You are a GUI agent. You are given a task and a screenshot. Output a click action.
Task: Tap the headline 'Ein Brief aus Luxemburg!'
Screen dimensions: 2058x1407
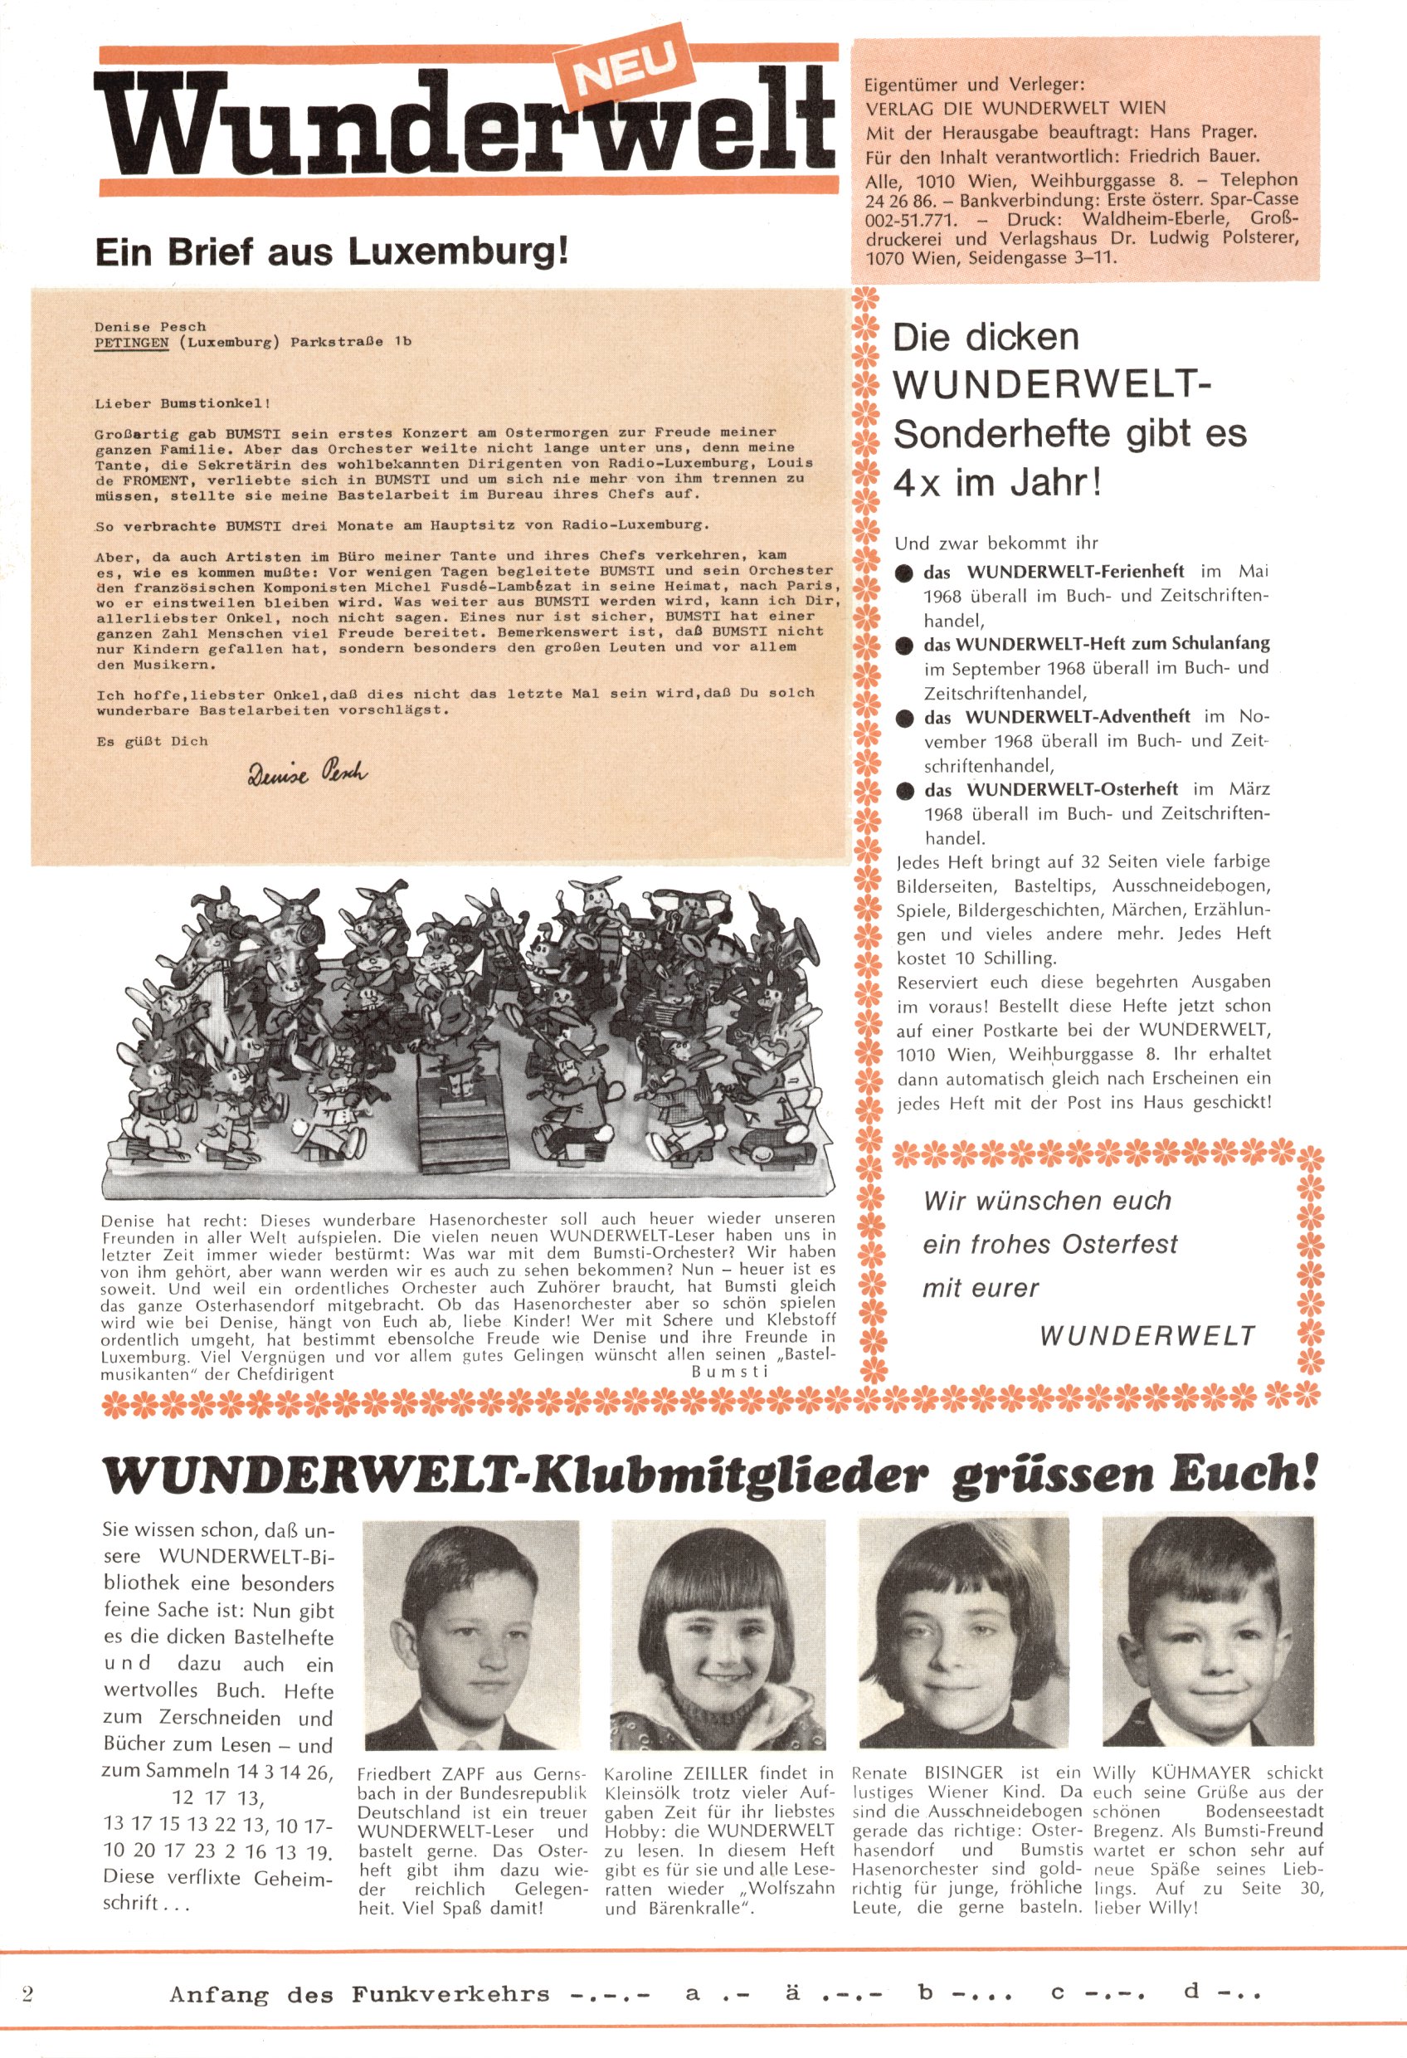[331, 252]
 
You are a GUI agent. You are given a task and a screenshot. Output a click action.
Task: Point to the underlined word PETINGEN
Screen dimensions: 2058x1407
[131, 342]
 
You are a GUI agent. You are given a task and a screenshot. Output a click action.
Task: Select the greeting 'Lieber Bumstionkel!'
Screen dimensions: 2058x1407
[182, 403]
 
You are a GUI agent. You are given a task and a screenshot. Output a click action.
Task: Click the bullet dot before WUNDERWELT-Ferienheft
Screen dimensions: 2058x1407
[904, 573]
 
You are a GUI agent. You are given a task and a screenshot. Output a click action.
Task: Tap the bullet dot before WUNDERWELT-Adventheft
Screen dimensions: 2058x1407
[904, 717]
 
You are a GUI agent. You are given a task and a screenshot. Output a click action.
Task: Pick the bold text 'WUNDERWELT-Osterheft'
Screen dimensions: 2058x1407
[1071, 789]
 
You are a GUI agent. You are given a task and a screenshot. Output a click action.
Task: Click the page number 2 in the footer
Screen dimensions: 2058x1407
[27, 1993]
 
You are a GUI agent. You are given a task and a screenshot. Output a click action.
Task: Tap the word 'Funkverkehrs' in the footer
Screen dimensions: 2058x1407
[450, 1994]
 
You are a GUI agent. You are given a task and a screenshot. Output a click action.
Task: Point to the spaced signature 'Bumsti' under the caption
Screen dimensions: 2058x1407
[728, 1372]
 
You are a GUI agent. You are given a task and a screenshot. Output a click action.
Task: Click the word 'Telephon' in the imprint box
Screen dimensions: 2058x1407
[1259, 180]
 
